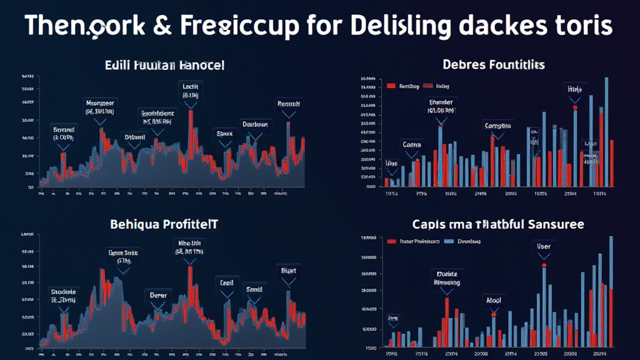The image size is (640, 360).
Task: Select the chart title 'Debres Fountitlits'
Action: [494, 64]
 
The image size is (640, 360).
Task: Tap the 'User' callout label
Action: [544, 246]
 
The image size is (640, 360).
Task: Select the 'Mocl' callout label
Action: [494, 299]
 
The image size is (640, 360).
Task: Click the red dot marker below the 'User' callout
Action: [544, 266]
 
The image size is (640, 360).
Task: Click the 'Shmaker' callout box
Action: [441, 106]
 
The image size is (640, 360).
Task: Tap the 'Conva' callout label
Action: [412, 144]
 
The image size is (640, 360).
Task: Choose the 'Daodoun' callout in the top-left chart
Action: [255, 124]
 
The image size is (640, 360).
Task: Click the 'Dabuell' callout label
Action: [134, 136]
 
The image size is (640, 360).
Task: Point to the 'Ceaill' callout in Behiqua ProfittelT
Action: [226, 282]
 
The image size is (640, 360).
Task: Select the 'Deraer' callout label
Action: [156, 294]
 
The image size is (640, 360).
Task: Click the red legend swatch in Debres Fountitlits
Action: [392, 86]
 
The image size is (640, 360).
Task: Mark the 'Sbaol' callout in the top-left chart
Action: [224, 133]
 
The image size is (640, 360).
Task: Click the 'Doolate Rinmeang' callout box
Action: [446, 277]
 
